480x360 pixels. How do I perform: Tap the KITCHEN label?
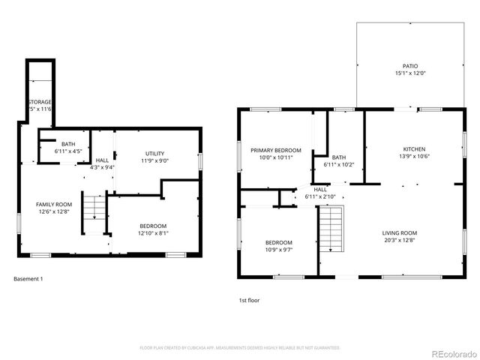coord(415,149)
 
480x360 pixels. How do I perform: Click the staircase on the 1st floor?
coord(331,229)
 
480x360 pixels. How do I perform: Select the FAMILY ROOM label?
coord(54,204)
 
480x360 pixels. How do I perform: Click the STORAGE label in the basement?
coord(40,101)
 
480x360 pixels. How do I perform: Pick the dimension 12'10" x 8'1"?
coord(153,233)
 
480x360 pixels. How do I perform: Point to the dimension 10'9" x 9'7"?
coord(278,250)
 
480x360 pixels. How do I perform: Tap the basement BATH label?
coord(68,144)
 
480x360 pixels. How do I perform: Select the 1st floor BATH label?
coord(339,157)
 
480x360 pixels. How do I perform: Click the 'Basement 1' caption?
coord(28,279)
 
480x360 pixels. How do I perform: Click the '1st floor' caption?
coord(249,300)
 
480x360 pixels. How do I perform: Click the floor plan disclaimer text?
coord(240,348)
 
